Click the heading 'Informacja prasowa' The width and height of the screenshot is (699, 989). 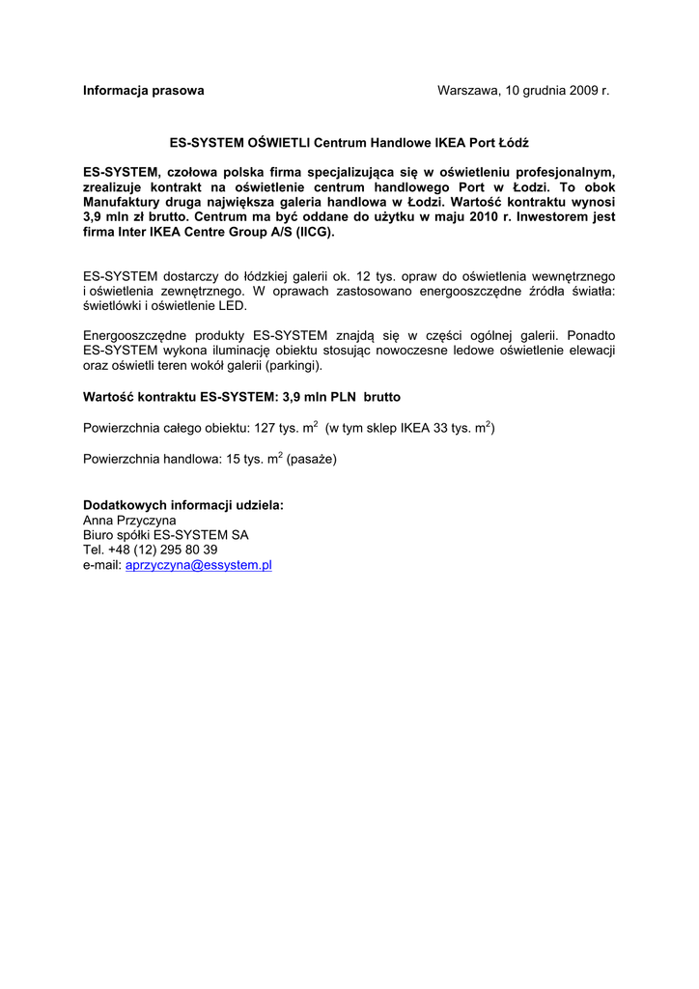pyautogui.click(x=144, y=91)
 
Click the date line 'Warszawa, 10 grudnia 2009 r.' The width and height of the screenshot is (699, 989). pyautogui.click(x=523, y=91)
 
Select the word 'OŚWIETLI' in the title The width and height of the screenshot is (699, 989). pyautogui.click(x=280, y=142)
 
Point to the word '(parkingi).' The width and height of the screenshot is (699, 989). pyautogui.click(x=292, y=366)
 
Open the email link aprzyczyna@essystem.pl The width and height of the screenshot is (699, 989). pyautogui.click(x=199, y=565)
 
